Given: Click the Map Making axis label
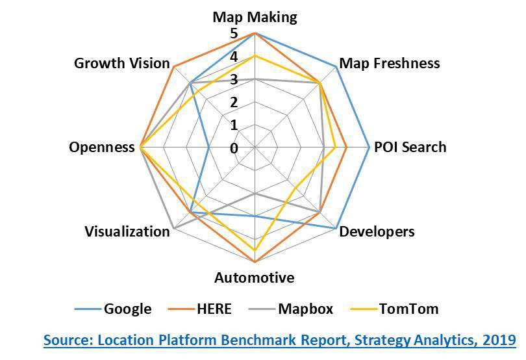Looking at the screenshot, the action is [255, 18].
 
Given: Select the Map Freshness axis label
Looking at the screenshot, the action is [390, 63].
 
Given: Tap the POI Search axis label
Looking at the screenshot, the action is [410, 147].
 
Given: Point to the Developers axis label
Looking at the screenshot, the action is [377, 232].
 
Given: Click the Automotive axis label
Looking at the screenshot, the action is [255, 277].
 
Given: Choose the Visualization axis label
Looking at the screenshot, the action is [127, 231].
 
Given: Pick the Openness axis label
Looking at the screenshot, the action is [102, 148].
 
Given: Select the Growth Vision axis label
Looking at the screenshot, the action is [122, 63].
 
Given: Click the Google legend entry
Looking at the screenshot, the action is [114, 309].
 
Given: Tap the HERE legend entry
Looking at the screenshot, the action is [201, 309].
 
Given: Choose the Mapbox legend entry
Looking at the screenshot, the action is [291, 309].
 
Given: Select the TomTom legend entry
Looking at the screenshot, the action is [395, 309].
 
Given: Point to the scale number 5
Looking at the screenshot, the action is [234, 34].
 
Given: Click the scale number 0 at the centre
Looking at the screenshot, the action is [234, 148].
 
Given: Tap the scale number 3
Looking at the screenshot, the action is [234, 79].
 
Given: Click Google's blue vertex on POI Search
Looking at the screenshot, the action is [369, 147].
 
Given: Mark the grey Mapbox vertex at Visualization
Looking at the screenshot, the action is [174, 228].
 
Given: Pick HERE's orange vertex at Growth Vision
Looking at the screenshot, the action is [174, 66].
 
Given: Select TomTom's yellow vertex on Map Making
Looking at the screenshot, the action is [255, 56].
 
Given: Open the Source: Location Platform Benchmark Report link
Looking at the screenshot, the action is [280, 341].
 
